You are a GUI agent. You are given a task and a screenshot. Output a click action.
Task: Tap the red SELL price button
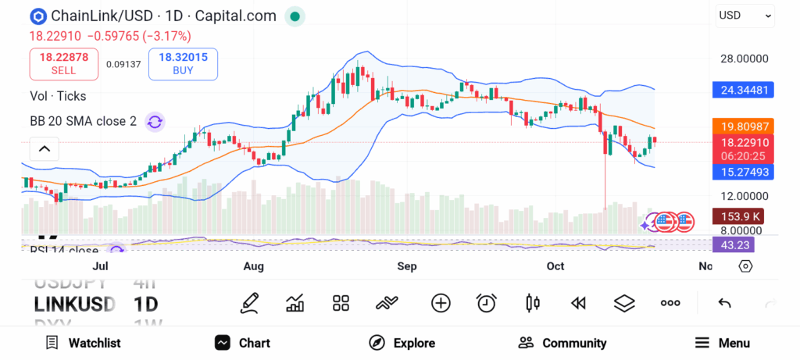pyautogui.click(x=64, y=63)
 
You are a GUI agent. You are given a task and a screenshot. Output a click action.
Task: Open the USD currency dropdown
pyautogui.click(x=745, y=15)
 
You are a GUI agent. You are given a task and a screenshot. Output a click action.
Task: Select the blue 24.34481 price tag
pyautogui.click(x=745, y=90)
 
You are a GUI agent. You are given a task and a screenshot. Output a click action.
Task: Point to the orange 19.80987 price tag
pyautogui.click(x=745, y=127)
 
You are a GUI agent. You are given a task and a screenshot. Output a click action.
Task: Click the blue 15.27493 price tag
pyautogui.click(x=745, y=172)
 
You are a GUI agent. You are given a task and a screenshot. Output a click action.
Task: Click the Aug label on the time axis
pyautogui.click(x=254, y=267)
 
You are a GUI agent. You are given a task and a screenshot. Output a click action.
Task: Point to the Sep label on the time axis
pyautogui.click(x=407, y=267)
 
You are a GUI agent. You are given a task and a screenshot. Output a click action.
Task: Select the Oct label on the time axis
pyautogui.click(x=555, y=267)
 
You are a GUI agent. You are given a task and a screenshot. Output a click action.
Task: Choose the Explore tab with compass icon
pyautogui.click(x=402, y=343)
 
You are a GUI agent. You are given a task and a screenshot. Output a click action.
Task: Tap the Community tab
pyautogui.click(x=562, y=343)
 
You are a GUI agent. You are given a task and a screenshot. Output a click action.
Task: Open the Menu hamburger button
pyautogui.click(x=723, y=343)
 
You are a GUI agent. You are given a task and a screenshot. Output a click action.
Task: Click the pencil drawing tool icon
pyautogui.click(x=249, y=303)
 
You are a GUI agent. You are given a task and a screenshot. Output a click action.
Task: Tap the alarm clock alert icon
pyautogui.click(x=487, y=303)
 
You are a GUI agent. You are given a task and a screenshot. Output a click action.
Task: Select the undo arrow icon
pyautogui.click(x=724, y=303)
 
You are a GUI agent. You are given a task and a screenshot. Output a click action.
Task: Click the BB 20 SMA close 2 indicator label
pyautogui.click(x=83, y=121)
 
